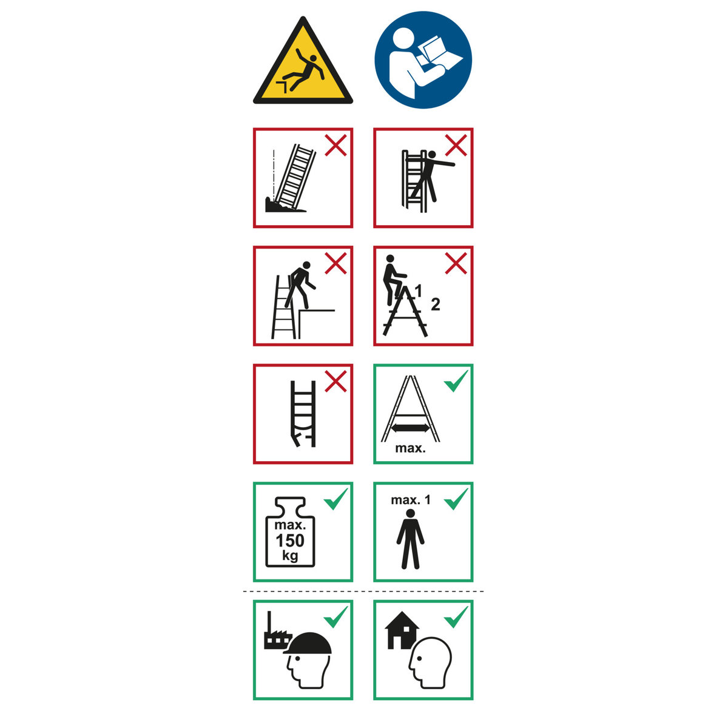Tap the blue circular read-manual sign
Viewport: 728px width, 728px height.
click(x=423, y=59)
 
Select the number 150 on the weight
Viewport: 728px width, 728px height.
click(x=290, y=541)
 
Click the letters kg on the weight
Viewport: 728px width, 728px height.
click(x=290, y=555)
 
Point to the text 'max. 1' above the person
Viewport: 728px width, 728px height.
click(x=411, y=500)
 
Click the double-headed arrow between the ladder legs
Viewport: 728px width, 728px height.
click(x=410, y=428)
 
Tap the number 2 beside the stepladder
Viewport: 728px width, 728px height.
click(x=436, y=305)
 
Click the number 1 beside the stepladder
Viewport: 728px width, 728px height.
click(x=419, y=291)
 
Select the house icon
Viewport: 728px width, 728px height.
click(x=402, y=635)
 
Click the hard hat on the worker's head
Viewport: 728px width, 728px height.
click(x=308, y=644)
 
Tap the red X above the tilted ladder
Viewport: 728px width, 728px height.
click(x=335, y=145)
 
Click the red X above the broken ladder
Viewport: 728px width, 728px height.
click(x=335, y=381)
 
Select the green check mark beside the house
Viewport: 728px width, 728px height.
click(x=456, y=617)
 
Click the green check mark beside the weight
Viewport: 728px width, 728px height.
click(x=336, y=499)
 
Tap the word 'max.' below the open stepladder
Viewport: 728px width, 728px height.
click(x=410, y=448)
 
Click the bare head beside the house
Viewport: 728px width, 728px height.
click(x=430, y=662)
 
